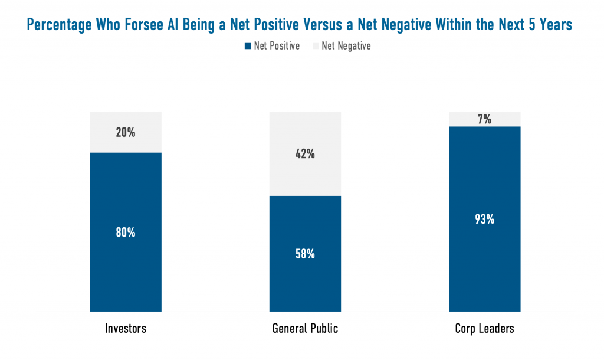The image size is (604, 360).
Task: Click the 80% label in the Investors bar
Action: [x=125, y=233]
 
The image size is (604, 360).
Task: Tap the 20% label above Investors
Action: [x=125, y=133]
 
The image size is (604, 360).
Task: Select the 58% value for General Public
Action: [x=305, y=254]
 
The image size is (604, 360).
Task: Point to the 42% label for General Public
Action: [x=305, y=154]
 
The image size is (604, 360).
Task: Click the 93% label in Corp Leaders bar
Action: [x=484, y=220]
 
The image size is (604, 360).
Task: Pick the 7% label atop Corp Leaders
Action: [x=484, y=119]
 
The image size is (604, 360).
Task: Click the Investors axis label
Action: [x=125, y=329]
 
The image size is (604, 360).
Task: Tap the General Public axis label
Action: [x=305, y=329]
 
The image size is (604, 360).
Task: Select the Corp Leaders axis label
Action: [x=484, y=329]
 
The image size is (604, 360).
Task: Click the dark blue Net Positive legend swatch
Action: [x=248, y=46]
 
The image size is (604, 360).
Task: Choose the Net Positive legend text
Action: [x=277, y=46]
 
